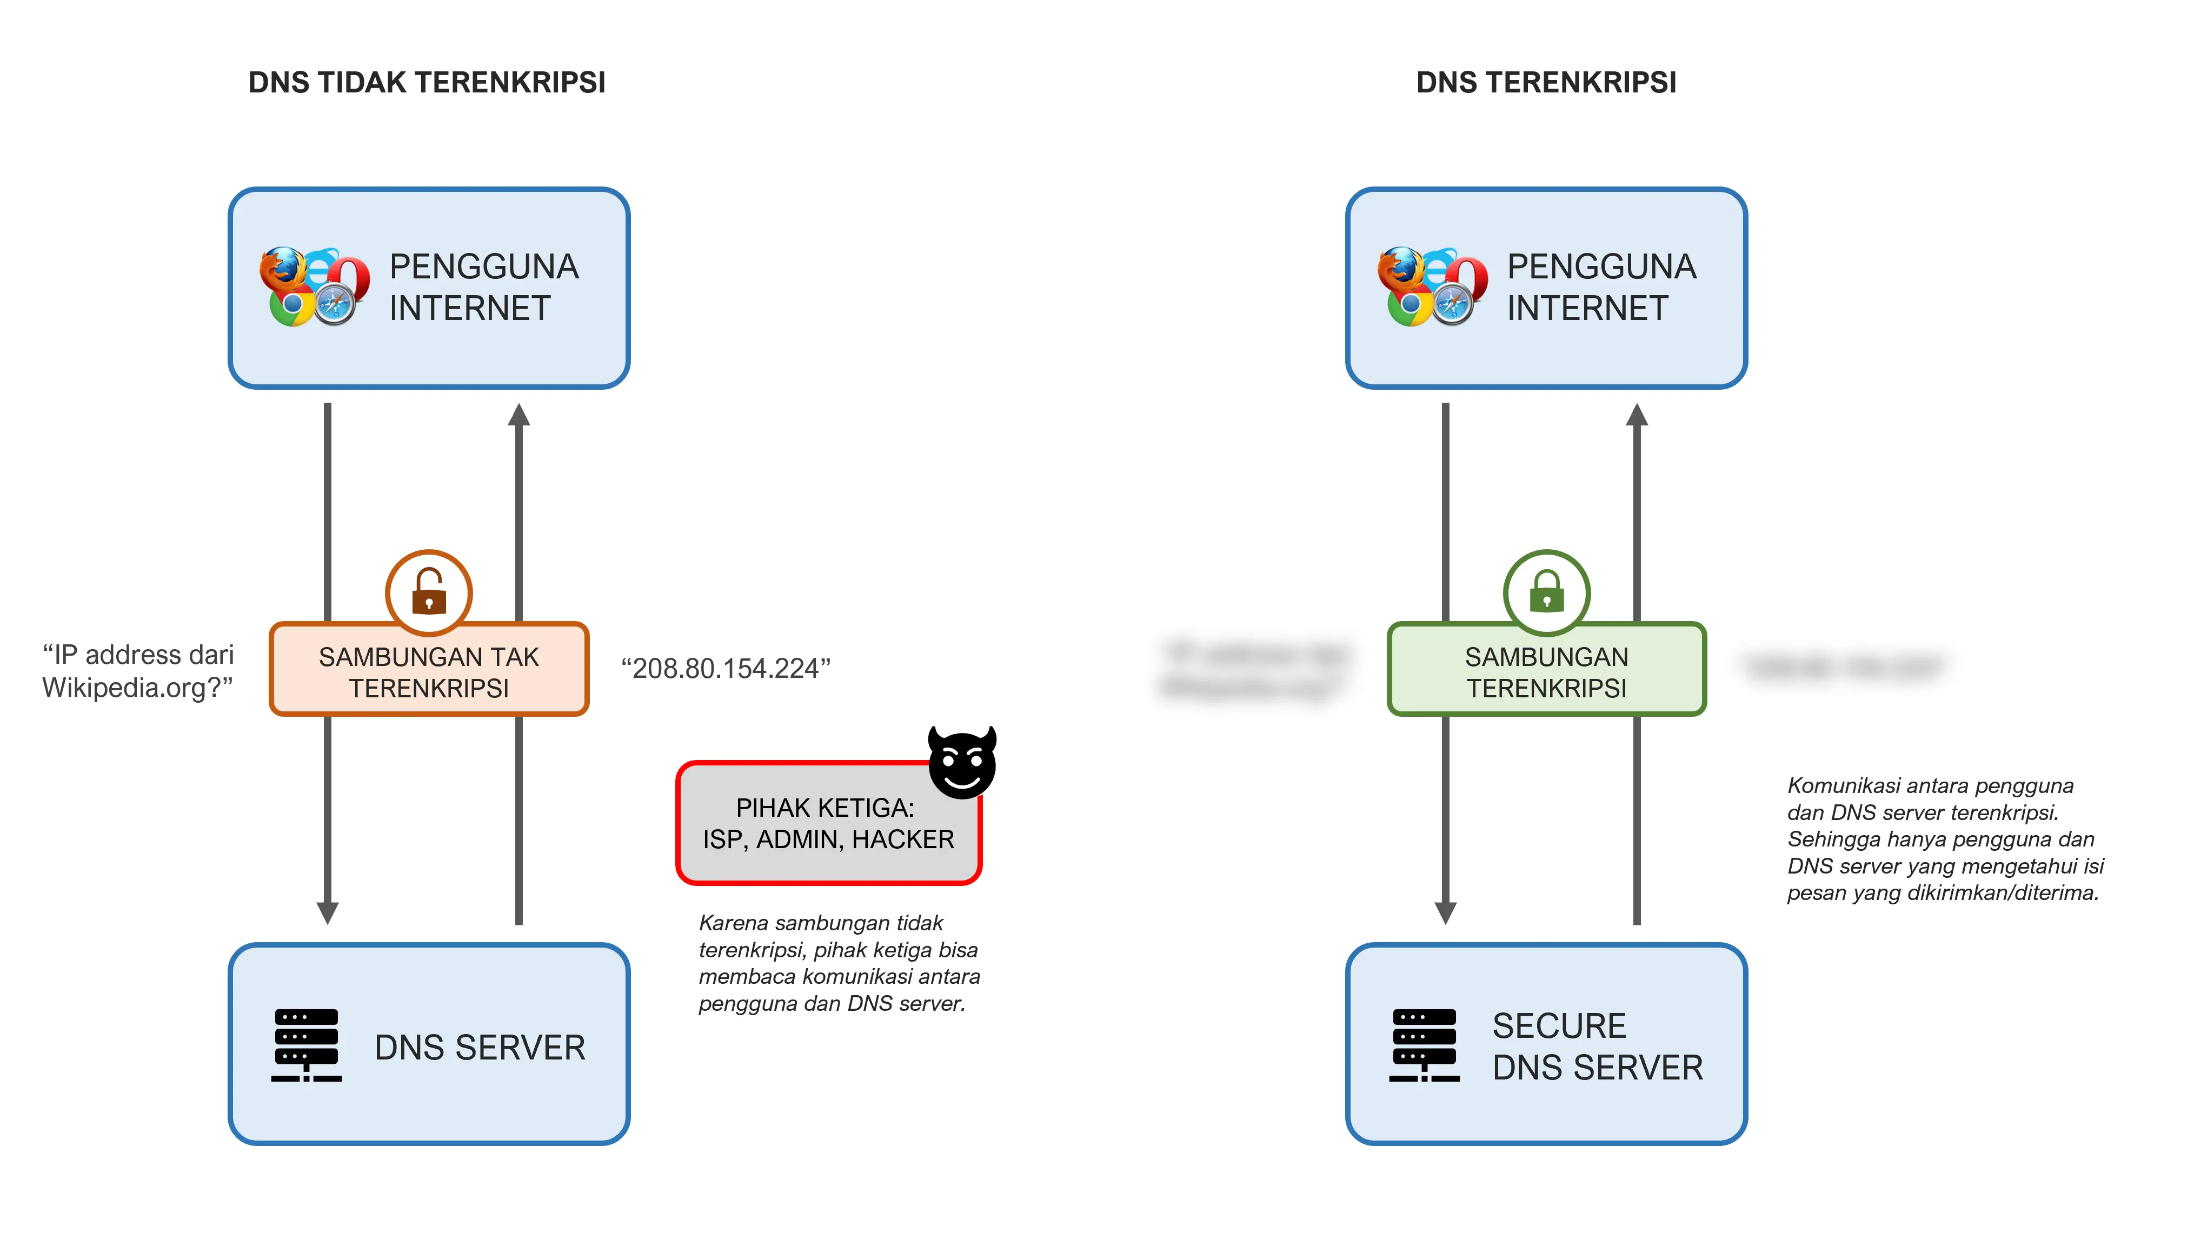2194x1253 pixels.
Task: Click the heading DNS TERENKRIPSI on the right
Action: point(1545,83)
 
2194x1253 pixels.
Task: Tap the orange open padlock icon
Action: point(429,592)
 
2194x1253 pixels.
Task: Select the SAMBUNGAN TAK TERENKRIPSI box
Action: point(429,671)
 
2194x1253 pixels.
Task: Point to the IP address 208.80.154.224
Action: point(726,668)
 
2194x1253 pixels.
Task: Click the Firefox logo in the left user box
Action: point(284,270)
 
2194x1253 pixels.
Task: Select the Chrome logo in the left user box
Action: point(292,305)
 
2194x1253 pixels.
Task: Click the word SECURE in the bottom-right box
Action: point(1559,1026)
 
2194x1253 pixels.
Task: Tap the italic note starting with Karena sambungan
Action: point(839,963)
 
